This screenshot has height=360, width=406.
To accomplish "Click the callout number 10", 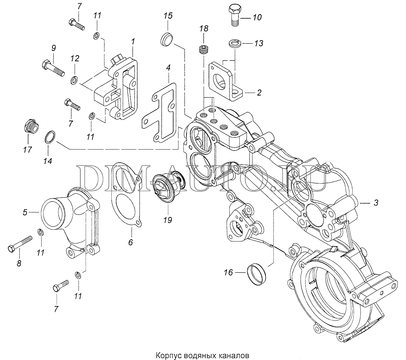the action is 257,17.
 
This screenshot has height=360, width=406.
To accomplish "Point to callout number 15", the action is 168,16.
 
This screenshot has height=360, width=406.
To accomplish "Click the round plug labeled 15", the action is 167,39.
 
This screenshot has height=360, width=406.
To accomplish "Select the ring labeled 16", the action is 257,275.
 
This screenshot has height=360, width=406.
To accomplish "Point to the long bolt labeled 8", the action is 20,243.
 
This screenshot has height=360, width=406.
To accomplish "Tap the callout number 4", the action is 168,68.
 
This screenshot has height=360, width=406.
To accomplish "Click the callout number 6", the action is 130,243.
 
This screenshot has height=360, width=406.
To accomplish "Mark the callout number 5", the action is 25,212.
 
